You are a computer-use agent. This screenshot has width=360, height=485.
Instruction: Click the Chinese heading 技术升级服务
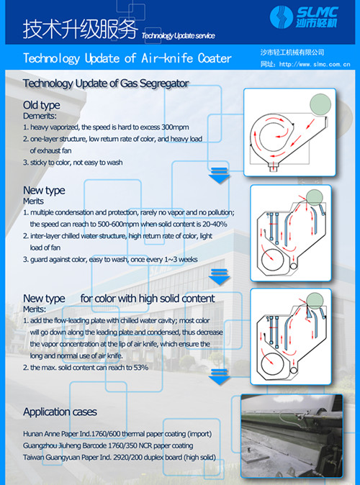79,30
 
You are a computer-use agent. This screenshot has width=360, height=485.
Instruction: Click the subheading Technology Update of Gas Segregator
106,83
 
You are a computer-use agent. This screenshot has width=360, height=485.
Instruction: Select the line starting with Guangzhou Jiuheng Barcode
115,445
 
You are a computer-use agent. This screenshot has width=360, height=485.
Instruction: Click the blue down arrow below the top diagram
218,176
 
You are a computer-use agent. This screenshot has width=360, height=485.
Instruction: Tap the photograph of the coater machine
297,438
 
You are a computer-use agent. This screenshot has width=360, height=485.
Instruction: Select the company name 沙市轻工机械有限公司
292,53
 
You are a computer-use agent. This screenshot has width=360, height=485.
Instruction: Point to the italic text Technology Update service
178,35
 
